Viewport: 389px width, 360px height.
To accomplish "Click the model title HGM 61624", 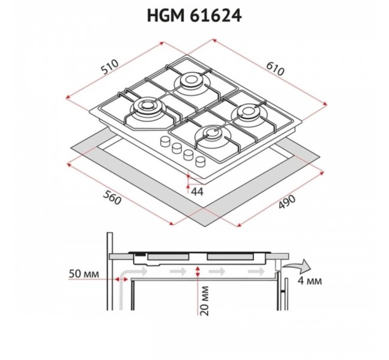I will [194, 15].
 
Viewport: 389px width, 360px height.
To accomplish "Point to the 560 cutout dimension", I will [114, 199].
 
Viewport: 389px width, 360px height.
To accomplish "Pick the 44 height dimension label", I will [198, 191].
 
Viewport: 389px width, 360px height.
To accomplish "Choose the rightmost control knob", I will [200, 162].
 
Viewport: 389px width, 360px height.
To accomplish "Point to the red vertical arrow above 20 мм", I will [197, 272].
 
